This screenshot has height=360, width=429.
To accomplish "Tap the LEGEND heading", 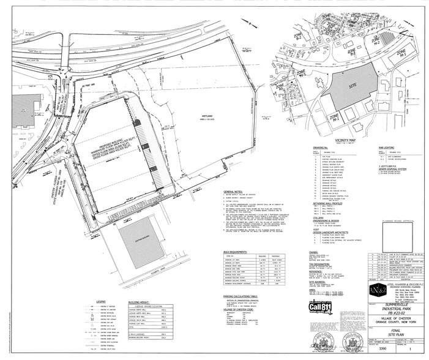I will (x=101, y=302).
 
